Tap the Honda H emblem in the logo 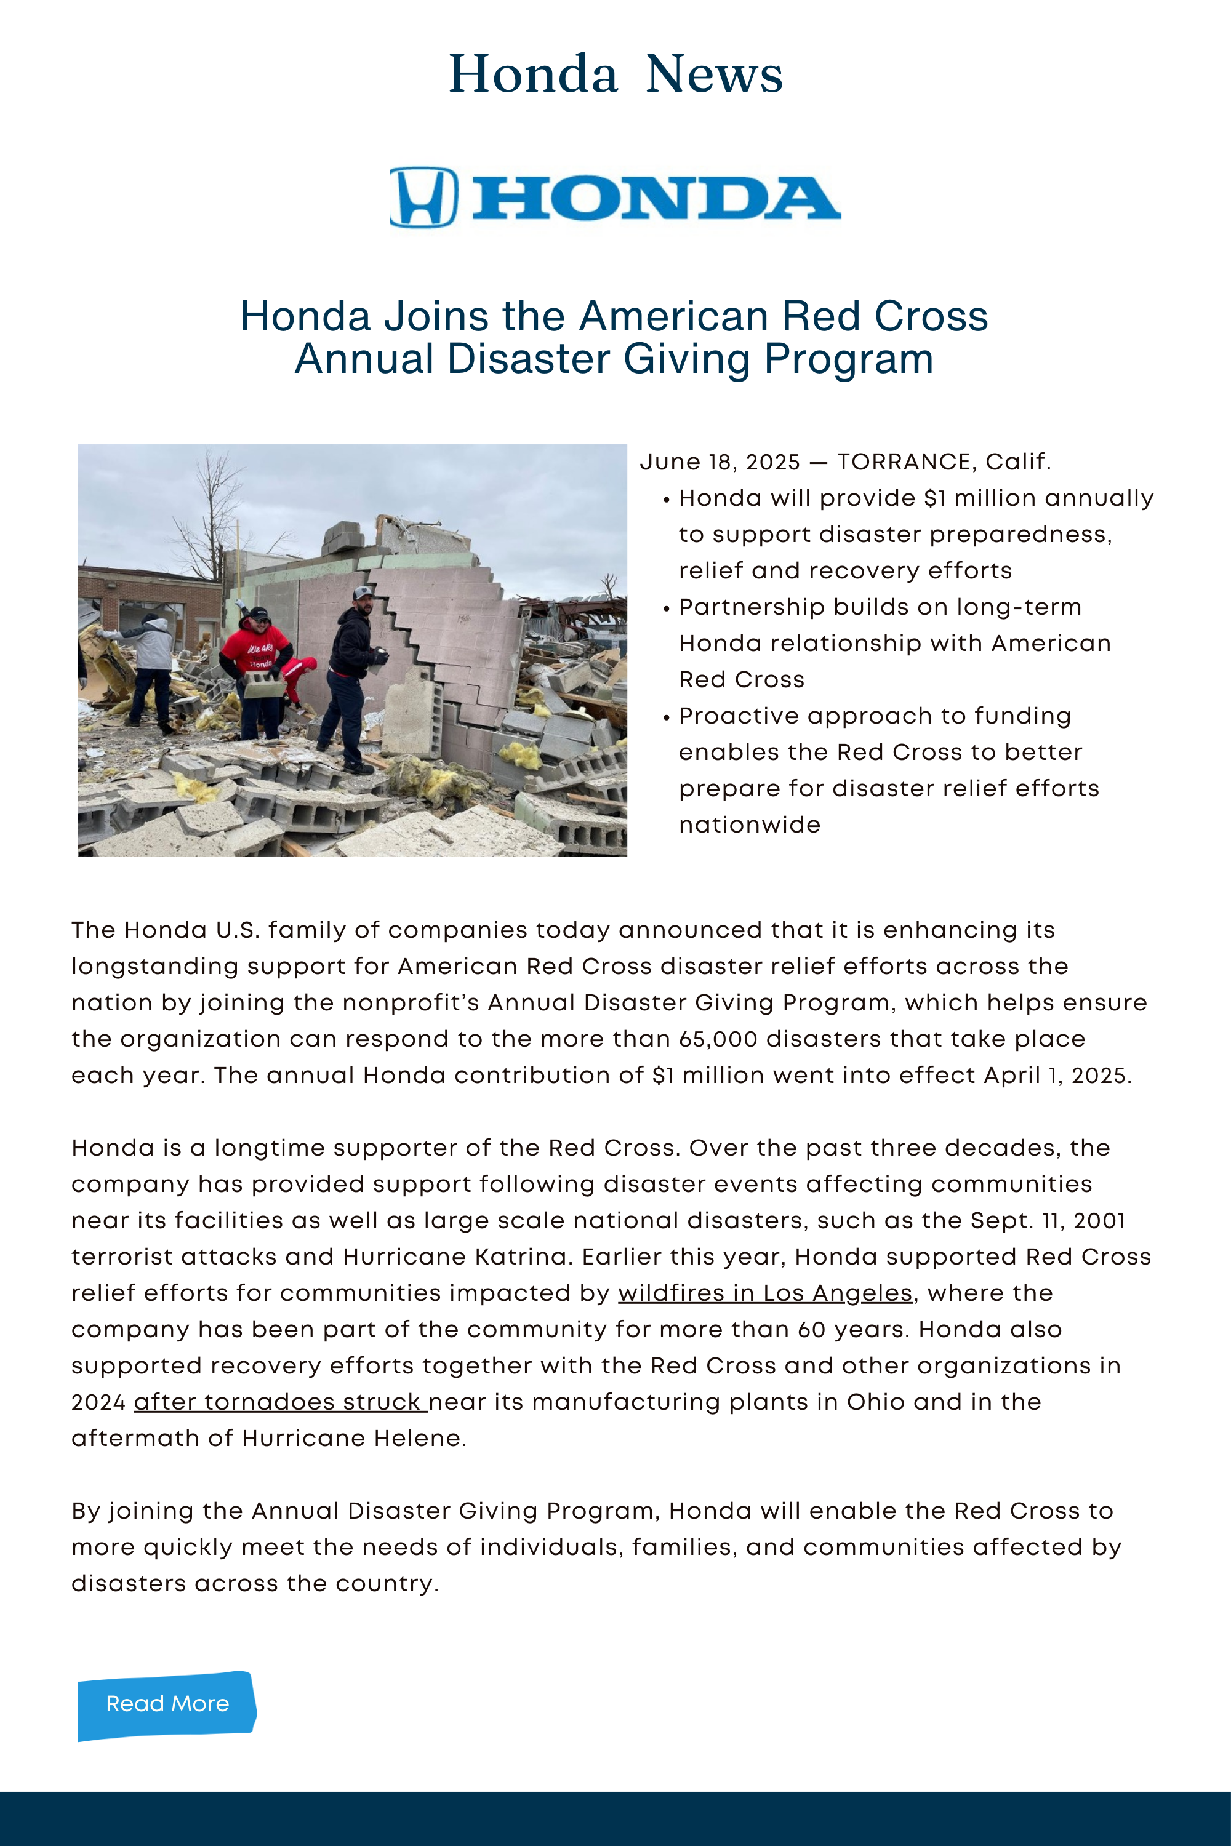coord(424,197)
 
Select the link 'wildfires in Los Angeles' coord(766,1293)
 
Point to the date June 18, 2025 coord(720,461)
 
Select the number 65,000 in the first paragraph coord(718,1039)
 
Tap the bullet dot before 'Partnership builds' coord(667,609)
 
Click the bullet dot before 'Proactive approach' coord(667,717)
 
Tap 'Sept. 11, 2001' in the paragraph coord(1048,1220)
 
